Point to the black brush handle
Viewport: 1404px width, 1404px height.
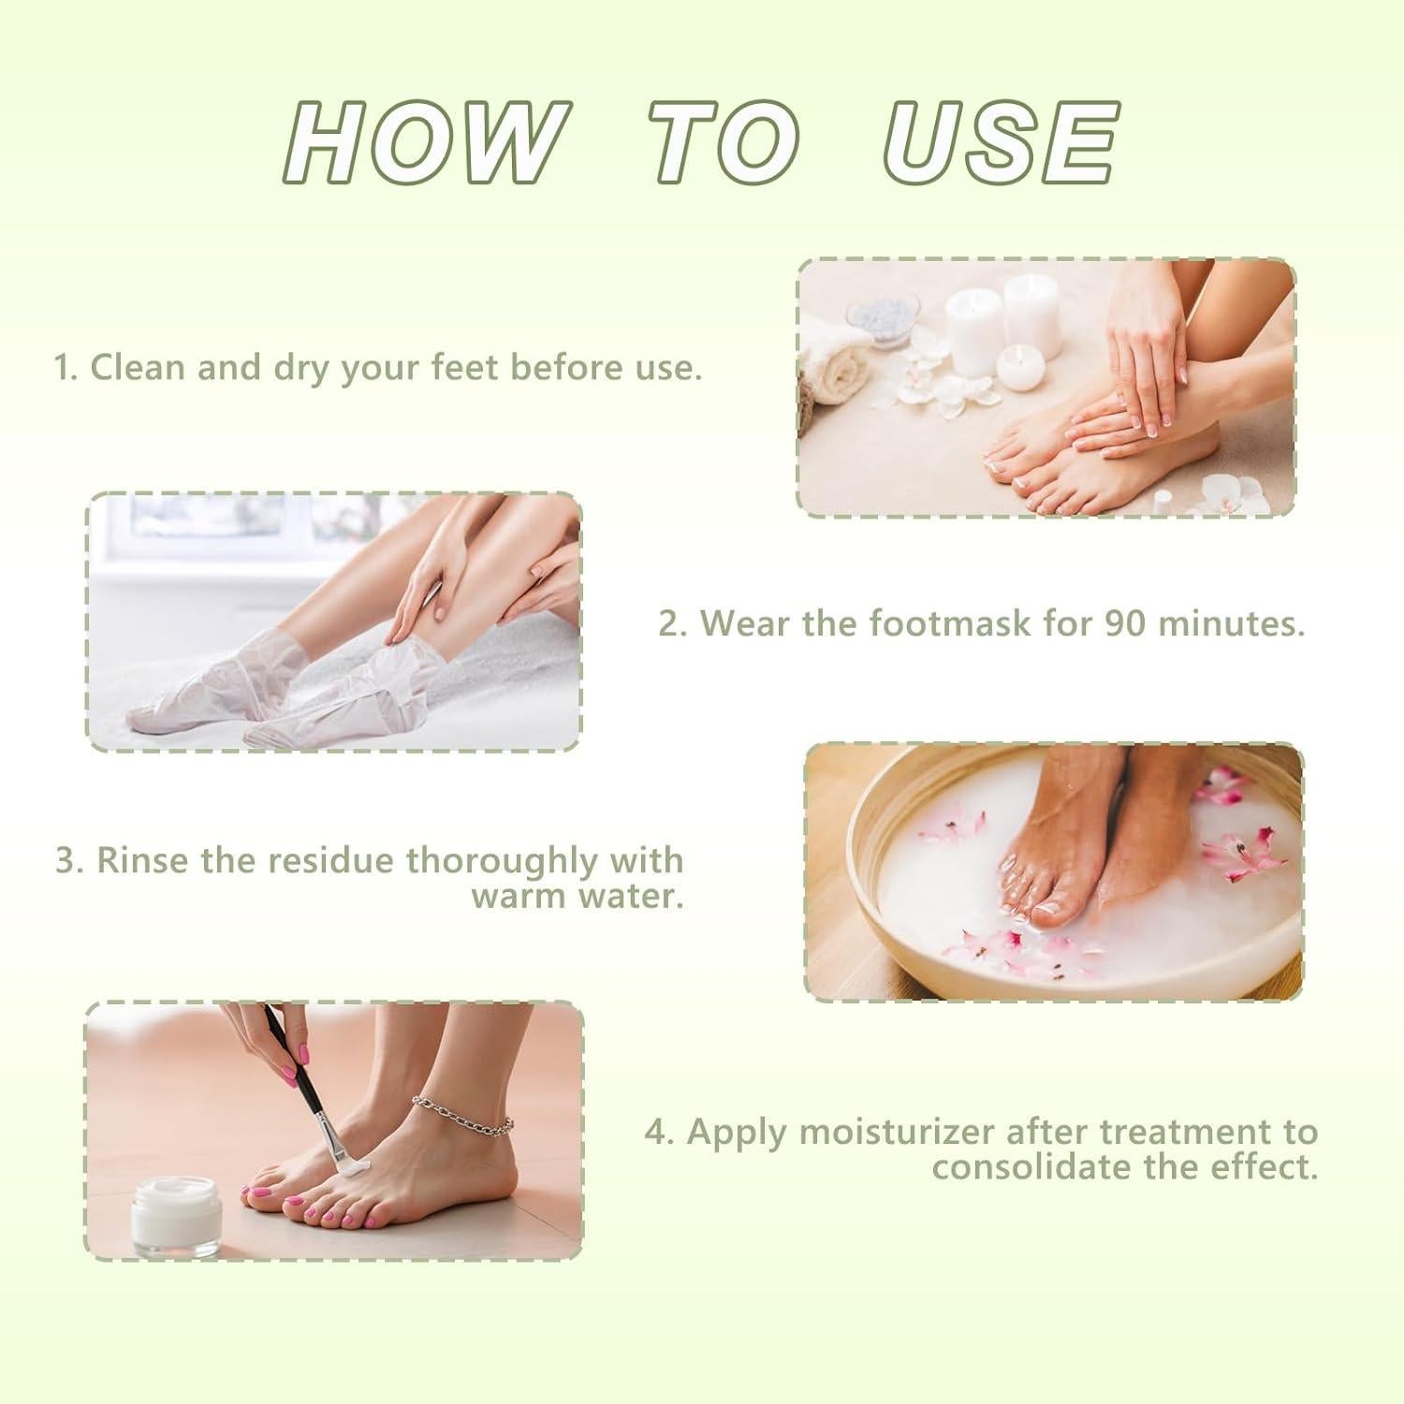point(299,1076)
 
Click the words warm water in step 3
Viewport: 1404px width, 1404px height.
point(577,897)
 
